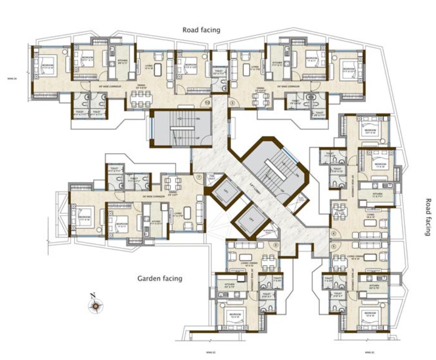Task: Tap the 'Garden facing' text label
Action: point(160,278)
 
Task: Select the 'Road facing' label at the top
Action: point(201,30)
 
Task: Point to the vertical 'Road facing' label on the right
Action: point(427,217)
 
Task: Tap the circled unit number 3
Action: point(232,102)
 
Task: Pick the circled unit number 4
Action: point(333,234)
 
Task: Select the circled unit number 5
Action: point(333,246)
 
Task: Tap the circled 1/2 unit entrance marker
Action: point(207,102)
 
